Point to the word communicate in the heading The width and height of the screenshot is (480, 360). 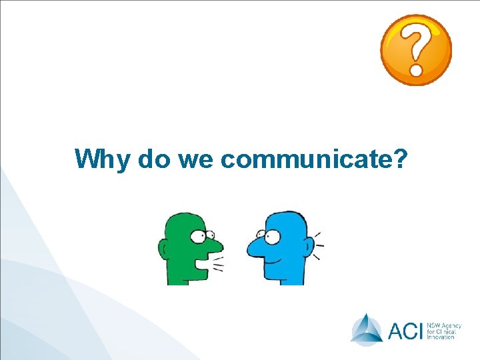[306, 159]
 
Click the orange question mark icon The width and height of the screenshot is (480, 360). [416, 50]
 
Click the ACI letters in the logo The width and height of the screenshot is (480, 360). [404, 330]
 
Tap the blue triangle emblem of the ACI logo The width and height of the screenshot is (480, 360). [367, 329]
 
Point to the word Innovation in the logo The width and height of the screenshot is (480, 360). [441, 337]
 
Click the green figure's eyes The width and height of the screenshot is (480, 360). [201, 235]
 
